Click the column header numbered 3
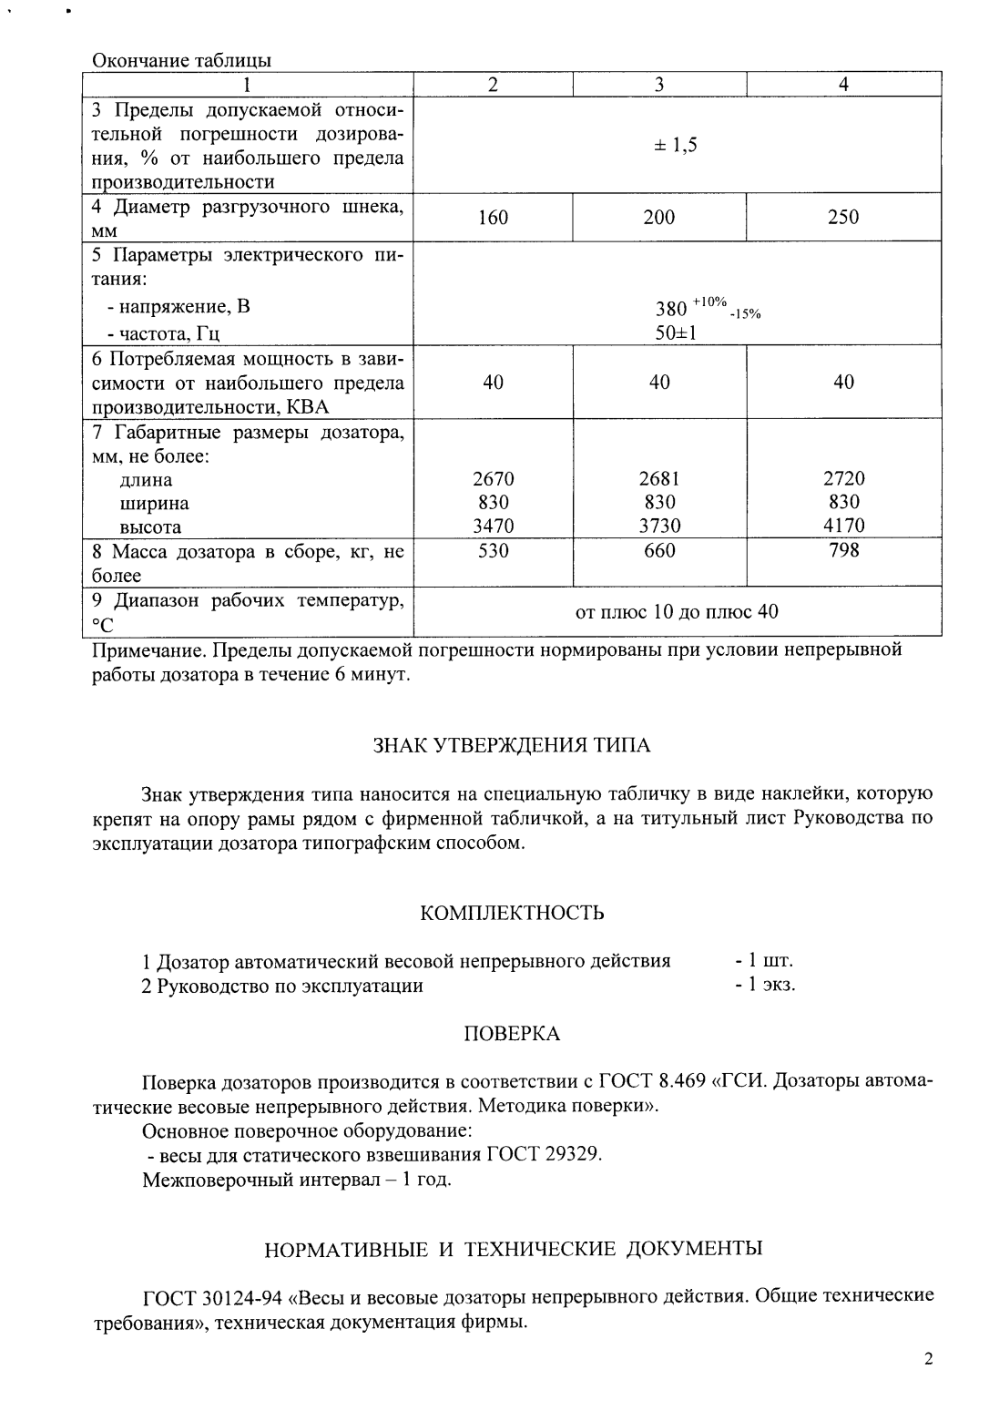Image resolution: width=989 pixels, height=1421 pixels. click(x=658, y=85)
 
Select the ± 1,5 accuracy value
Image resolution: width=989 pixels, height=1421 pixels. click(x=676, y=146)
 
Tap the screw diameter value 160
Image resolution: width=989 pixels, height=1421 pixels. click(x=493, y=218)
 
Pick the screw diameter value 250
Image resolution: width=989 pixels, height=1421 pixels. click(x=843, y=218)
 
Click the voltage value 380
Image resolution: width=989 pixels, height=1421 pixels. click(x=672, y=308)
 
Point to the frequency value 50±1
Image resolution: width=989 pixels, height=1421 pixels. click(x=676, y=333)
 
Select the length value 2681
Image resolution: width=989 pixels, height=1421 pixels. click(x=659, y=479)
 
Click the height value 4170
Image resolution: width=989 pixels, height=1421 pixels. click(x=843, y=526)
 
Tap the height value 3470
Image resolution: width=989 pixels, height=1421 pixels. click(x=493, y=526)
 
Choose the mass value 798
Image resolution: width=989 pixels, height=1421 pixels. click(x=843, y=550)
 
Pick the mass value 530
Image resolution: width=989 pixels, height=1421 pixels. click(x=493, y=551)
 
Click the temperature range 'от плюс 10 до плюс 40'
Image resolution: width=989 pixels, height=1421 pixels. click(x=677, y=611)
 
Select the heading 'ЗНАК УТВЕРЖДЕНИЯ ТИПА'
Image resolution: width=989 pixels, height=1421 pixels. click(x=512, y=746)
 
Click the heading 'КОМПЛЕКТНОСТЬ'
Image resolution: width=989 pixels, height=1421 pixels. click(x=512, y=913)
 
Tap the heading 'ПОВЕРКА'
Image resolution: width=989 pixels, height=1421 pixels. click(x=512, y=1034)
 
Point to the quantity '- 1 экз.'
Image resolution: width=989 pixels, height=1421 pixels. click(x=765, y=985)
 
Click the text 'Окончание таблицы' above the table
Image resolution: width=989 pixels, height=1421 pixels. click(x=181, y=61)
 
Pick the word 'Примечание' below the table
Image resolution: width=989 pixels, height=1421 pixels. click(x=139, y=650)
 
